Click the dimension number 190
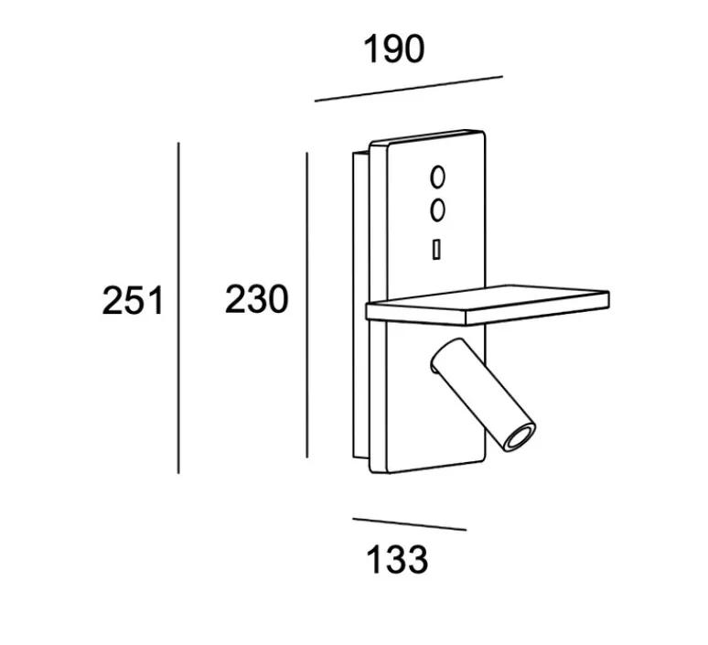point(393,48)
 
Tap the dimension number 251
point(133,301)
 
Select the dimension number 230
point(256,299)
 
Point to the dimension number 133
point(397,560)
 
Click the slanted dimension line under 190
point(409,89)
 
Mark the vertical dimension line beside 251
point(178,308)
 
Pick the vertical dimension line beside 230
point(307,305)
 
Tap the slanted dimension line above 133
point(409,524)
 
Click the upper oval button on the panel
point(437,177)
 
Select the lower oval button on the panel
point(437,210)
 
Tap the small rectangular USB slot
point(436,250)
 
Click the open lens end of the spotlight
point(520,437)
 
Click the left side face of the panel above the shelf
point(379,221)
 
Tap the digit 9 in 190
point(393,48)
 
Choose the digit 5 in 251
point(134,301)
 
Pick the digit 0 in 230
point(278,299)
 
